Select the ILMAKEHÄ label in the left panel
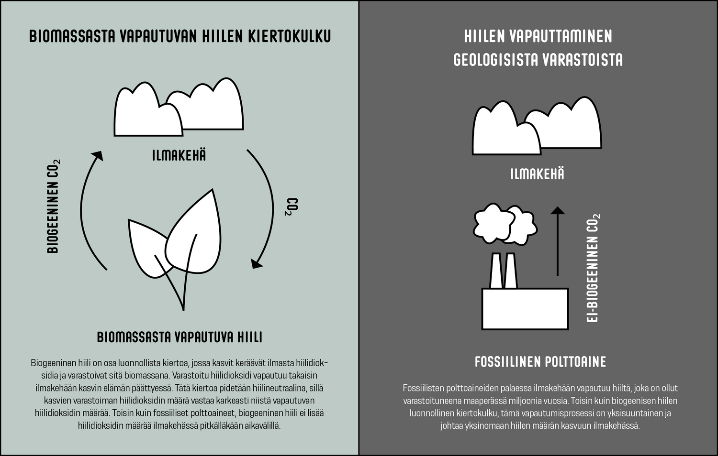click(179, 155)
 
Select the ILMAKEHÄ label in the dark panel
click(537, 174)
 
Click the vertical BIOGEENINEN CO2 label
click(54, 206)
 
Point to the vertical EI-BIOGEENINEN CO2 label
click(593, 268)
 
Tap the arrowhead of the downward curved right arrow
click(257, 263)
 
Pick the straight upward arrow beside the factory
click(557, 241)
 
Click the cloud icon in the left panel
click(178, 109)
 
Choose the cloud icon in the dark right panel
click(537, 128)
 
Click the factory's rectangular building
click(525, 309)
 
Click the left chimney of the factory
click(495, 271)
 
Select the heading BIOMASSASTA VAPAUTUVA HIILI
click(179, 337)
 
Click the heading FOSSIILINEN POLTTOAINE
click(540, 362)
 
